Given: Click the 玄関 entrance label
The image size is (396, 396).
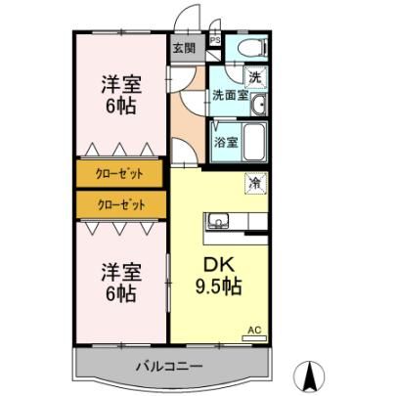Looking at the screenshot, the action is pyautogui.click(x=184, y=49).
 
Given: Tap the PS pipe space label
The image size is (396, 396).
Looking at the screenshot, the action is pyautogui.click(x=215, y=40).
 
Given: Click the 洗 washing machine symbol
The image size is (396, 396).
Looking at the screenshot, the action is pyautogui.click(x=255, y=77).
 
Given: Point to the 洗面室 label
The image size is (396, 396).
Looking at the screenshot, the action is pyautogui.click(x=231, y=95).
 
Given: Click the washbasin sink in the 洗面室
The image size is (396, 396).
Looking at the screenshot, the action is pyautogui.click(x=259, y=105).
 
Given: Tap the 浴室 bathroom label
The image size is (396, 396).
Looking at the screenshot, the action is pyautogui.click(x=226, y=142).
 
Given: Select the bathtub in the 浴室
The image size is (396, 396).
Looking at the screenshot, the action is pyautogui.click(x=254, y=143).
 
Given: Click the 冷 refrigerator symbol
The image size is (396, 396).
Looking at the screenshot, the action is pyautogui.click(x=256, y=183).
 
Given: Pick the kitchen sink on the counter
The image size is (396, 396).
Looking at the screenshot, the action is pyautogui.click(x=219, y=221).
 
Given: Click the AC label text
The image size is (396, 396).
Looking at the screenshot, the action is pyautogui.click(x=254, y=330).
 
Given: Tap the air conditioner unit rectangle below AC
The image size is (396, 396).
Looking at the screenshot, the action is pyautogui.click(x=254, y=338).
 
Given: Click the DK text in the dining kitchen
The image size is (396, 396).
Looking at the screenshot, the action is pyautogui.click(x=219, y=265).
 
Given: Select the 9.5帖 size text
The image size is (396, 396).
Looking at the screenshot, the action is pyautogui.click(x=218, y=286).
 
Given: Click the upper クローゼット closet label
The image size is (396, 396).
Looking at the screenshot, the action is pyautogui.click(x=119, y=173).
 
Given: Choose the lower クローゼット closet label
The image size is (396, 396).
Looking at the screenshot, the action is pyautogui.click(x=121, y=204).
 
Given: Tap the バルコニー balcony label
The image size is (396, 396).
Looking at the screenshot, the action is pyautogui.click(x=169, y=366).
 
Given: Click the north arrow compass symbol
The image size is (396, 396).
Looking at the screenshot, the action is pyautogui.click(x=309, y=378).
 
